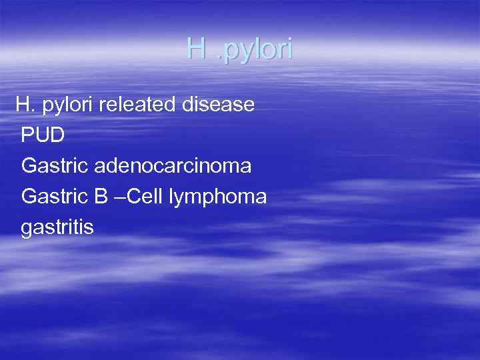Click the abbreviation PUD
[43, 135]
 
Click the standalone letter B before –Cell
[102, 197]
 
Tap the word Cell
[145, 197]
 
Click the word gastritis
[57, 227]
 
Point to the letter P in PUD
[28, 135]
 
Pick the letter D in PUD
[58, 135]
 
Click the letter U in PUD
[43, 135]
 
